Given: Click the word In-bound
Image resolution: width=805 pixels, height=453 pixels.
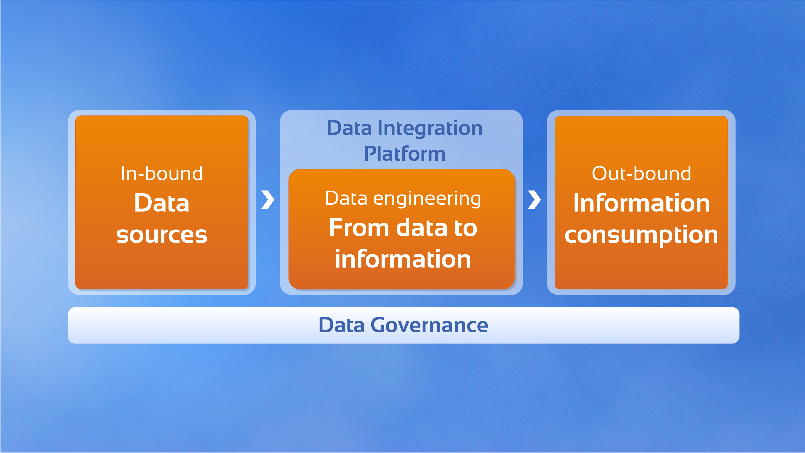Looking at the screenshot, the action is [162, 174].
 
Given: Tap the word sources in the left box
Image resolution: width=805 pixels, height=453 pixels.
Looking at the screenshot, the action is [162, 235].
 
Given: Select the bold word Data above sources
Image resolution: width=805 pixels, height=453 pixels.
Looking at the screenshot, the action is [162, 203].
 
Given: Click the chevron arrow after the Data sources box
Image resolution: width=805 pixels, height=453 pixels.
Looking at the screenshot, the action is [268, 199].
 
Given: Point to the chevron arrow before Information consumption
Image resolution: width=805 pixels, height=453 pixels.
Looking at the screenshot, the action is [534, 199].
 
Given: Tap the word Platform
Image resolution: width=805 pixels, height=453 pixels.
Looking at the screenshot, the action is [405, 154].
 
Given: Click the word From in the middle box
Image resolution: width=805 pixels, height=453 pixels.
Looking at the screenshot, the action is [359, 228].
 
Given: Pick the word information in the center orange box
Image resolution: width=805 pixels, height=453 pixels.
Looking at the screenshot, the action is [403, 259].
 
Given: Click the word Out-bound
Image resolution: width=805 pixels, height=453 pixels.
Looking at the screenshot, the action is [641, 174].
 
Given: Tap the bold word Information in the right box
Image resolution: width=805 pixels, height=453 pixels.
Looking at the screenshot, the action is [642, 203].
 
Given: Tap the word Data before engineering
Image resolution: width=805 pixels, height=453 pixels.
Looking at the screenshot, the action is [346, 198].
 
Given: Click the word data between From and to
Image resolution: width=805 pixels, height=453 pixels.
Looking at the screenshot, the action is [422, 228].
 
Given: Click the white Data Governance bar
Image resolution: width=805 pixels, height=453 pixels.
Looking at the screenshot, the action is [403, 325].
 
